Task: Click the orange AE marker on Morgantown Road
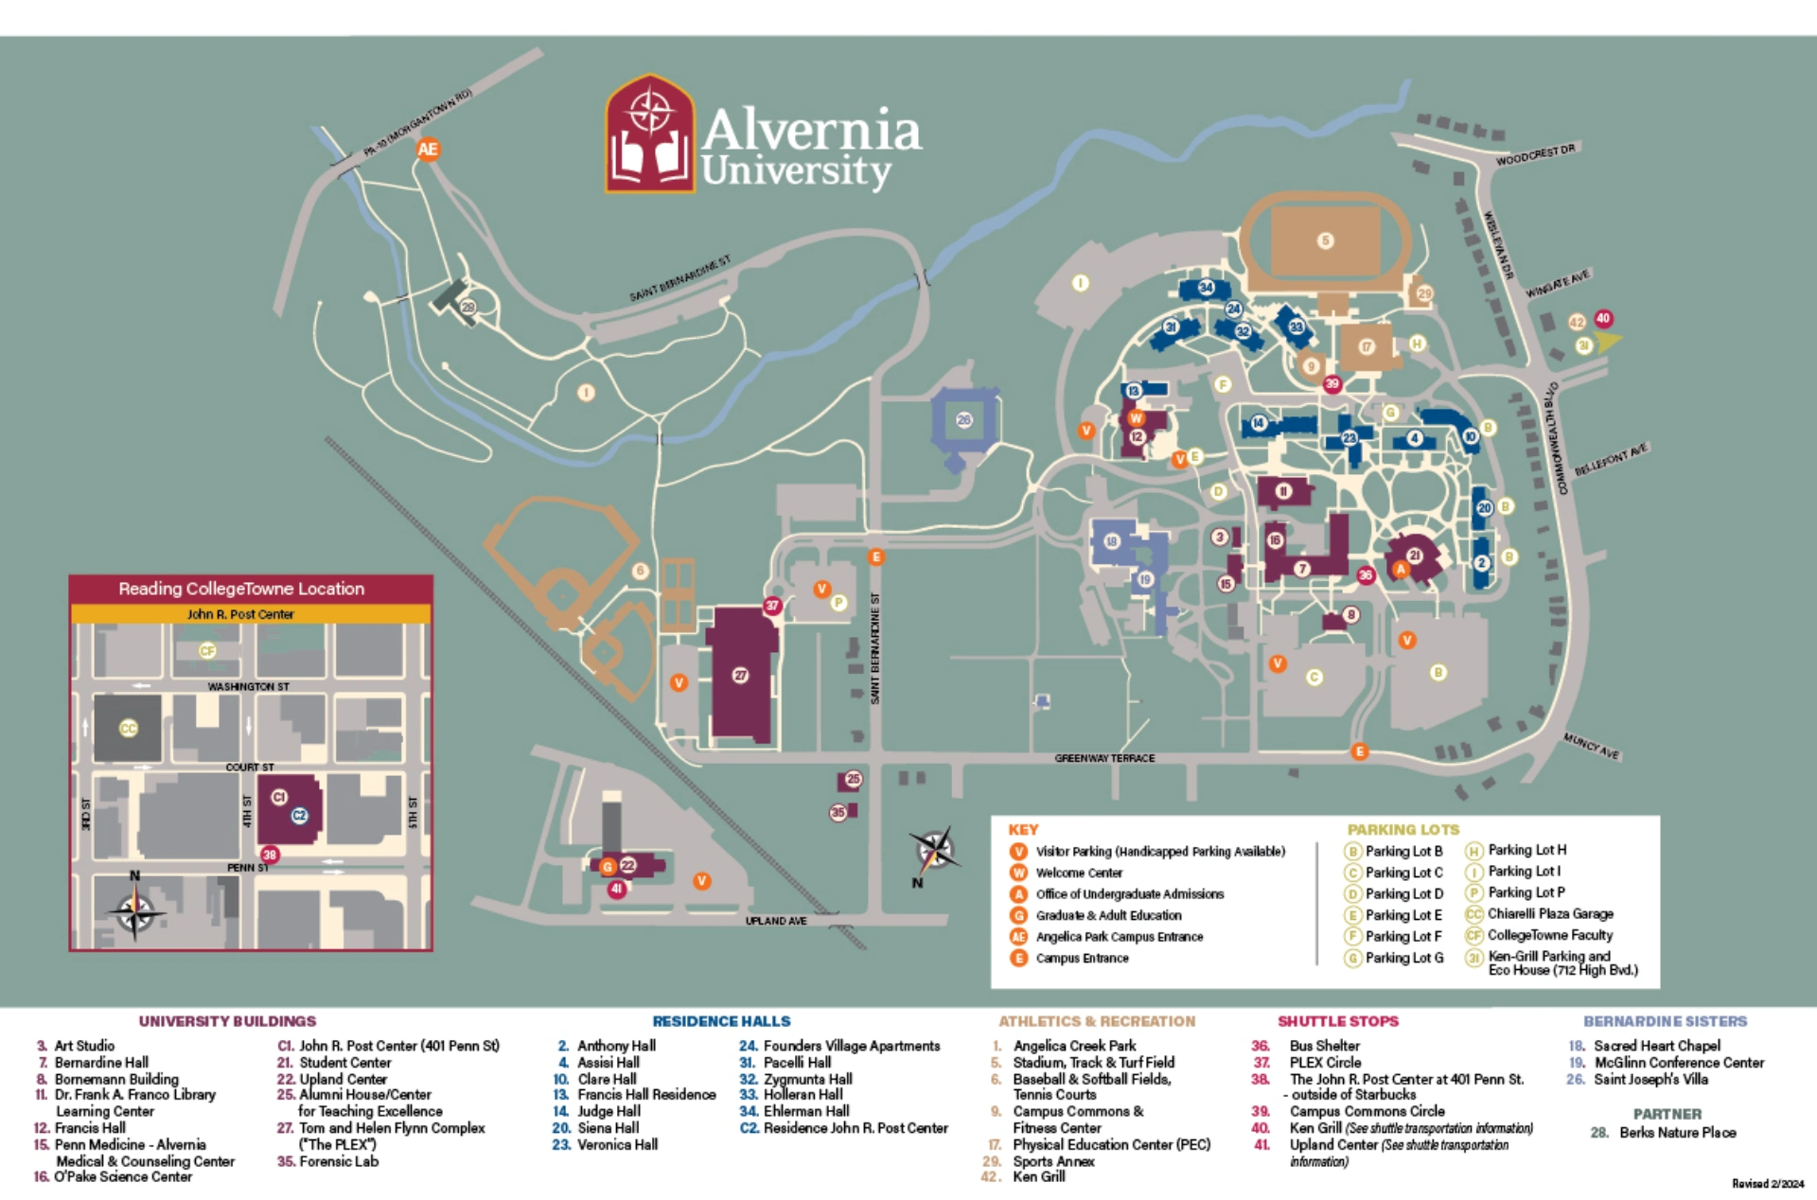point(428,149)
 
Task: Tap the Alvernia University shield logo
point(650,134)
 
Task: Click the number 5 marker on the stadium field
point(1325,240)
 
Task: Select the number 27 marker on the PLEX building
point(740,675)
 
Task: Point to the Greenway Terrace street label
point(1104,758)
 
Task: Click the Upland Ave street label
point(775,921)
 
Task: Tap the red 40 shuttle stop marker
point(1603,318)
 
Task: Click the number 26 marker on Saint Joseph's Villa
point(963,419)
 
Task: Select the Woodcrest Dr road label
point(1535,155)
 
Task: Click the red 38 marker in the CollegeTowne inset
point(270,855)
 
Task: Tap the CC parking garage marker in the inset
point(128,728)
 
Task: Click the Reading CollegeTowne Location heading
point(241,589)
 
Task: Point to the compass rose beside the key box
point(935,850)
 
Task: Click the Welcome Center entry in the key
point(1078,873)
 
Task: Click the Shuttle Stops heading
point(1337,1021)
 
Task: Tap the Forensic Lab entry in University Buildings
point(338,1161)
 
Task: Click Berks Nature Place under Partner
point(1676,1132)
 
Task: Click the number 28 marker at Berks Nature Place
point(467,307)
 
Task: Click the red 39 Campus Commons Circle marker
point(1332,383)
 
